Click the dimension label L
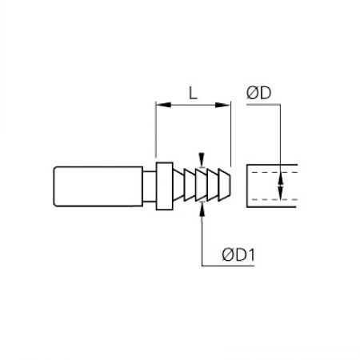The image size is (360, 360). click(x=193, y=94)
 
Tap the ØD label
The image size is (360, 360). click(x=258, y=93)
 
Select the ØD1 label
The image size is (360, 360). click(x=238, y=255)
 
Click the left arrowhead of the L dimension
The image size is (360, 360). click(x=163, y=105)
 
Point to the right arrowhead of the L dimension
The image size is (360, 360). click(x=222, y=105)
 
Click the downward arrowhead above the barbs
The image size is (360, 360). click(x=202, y=160)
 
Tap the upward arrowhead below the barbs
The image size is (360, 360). click(x=202, y=210)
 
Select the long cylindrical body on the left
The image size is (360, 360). click(x=98, y=186)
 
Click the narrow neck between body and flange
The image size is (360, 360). click(x=150, y=186)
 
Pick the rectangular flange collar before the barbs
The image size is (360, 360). click(x=164, y=186)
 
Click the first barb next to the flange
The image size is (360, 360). click(x=178, y=185)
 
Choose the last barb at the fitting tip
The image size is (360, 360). click(x=224, y=185)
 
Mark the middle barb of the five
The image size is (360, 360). click(x=201, y=185)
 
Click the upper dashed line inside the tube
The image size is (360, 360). click(x=274, y=172)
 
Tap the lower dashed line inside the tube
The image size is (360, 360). click(x=274, y=199)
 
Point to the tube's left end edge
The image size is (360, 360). click(x=247, y=186)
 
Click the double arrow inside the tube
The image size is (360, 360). click(x=280, y=186)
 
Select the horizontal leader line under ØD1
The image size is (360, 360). click(x=228, y=266)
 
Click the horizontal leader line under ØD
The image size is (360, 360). click(x=263, y=105)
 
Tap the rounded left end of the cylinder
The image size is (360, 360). click(x=54, y=186)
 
